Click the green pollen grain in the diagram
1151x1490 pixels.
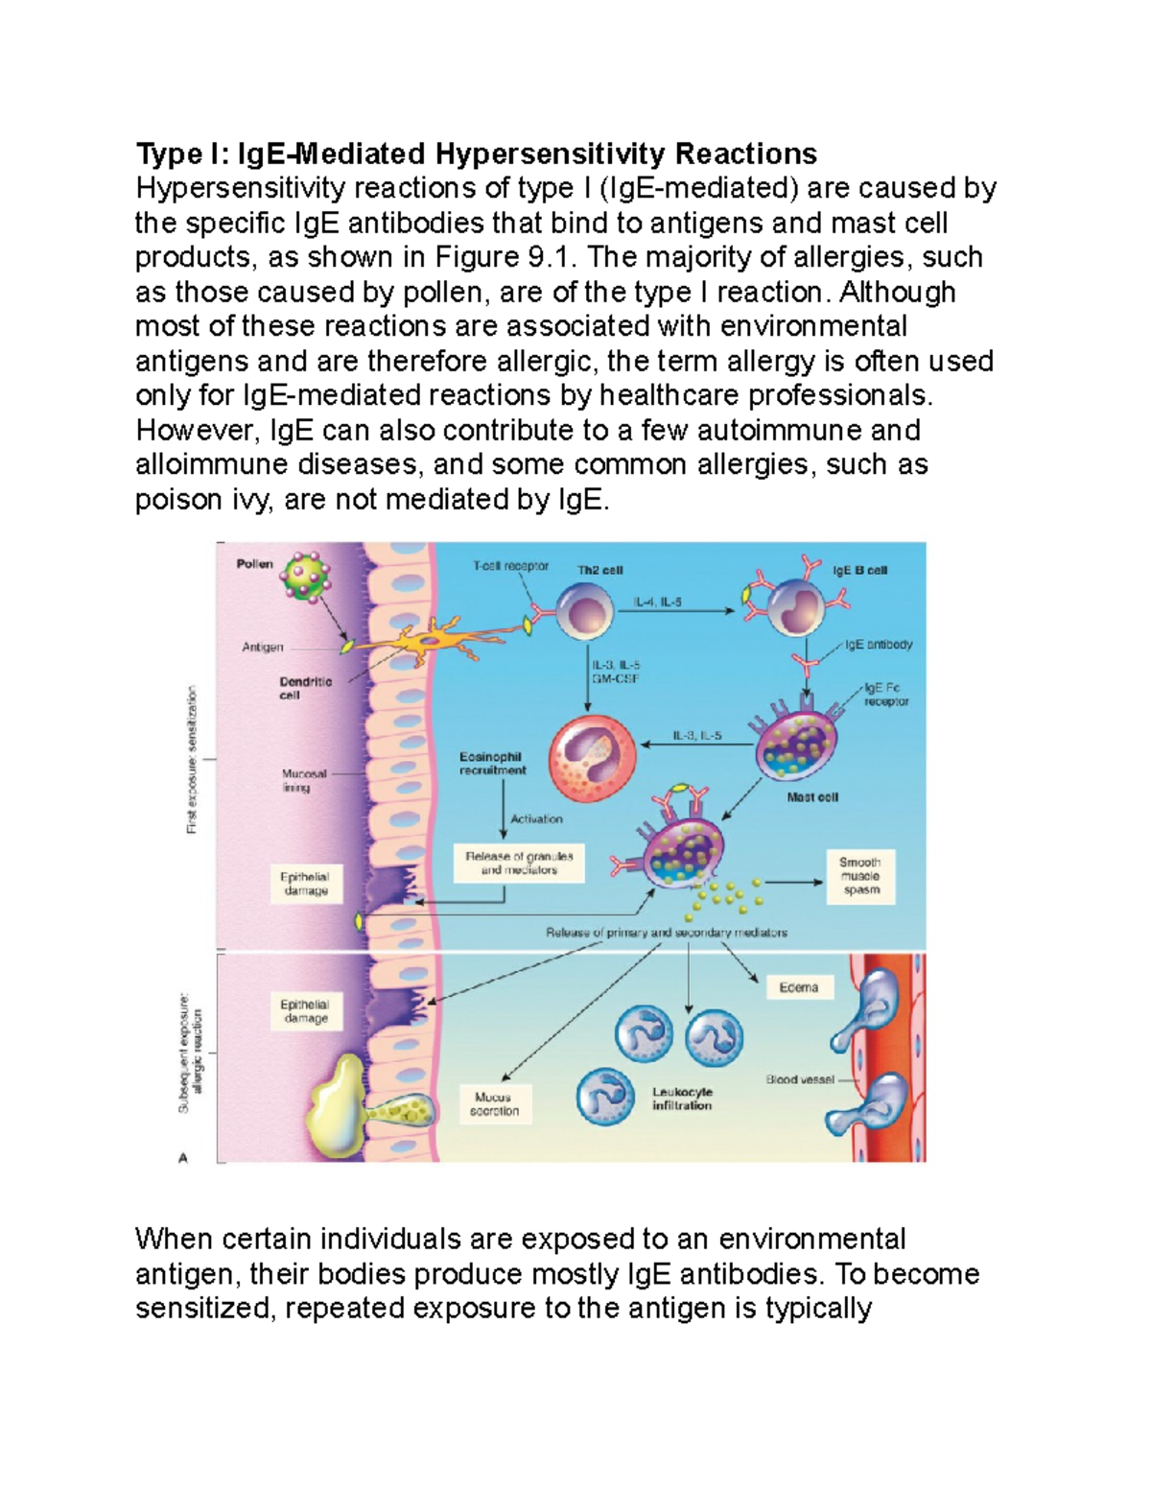[307, 577]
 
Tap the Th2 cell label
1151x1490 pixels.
[599, 570]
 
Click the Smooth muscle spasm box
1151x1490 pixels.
[860, 876]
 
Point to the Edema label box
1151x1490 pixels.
[799, 987]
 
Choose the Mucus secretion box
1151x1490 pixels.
[494, 1104]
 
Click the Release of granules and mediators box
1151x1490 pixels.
[519, 863]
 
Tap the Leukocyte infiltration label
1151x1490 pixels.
[682, 1099]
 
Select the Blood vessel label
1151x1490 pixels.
[800, 1079]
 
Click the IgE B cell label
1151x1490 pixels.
[859, 570]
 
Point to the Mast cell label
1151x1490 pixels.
[812, 797]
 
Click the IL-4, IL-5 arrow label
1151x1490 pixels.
[658, 603]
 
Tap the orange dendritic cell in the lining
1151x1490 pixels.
[422, 644]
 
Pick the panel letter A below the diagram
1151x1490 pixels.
[183, 1158]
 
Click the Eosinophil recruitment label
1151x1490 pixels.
[492, 764]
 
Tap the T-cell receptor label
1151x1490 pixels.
[510, 566]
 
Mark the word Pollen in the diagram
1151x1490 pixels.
[255, 564]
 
